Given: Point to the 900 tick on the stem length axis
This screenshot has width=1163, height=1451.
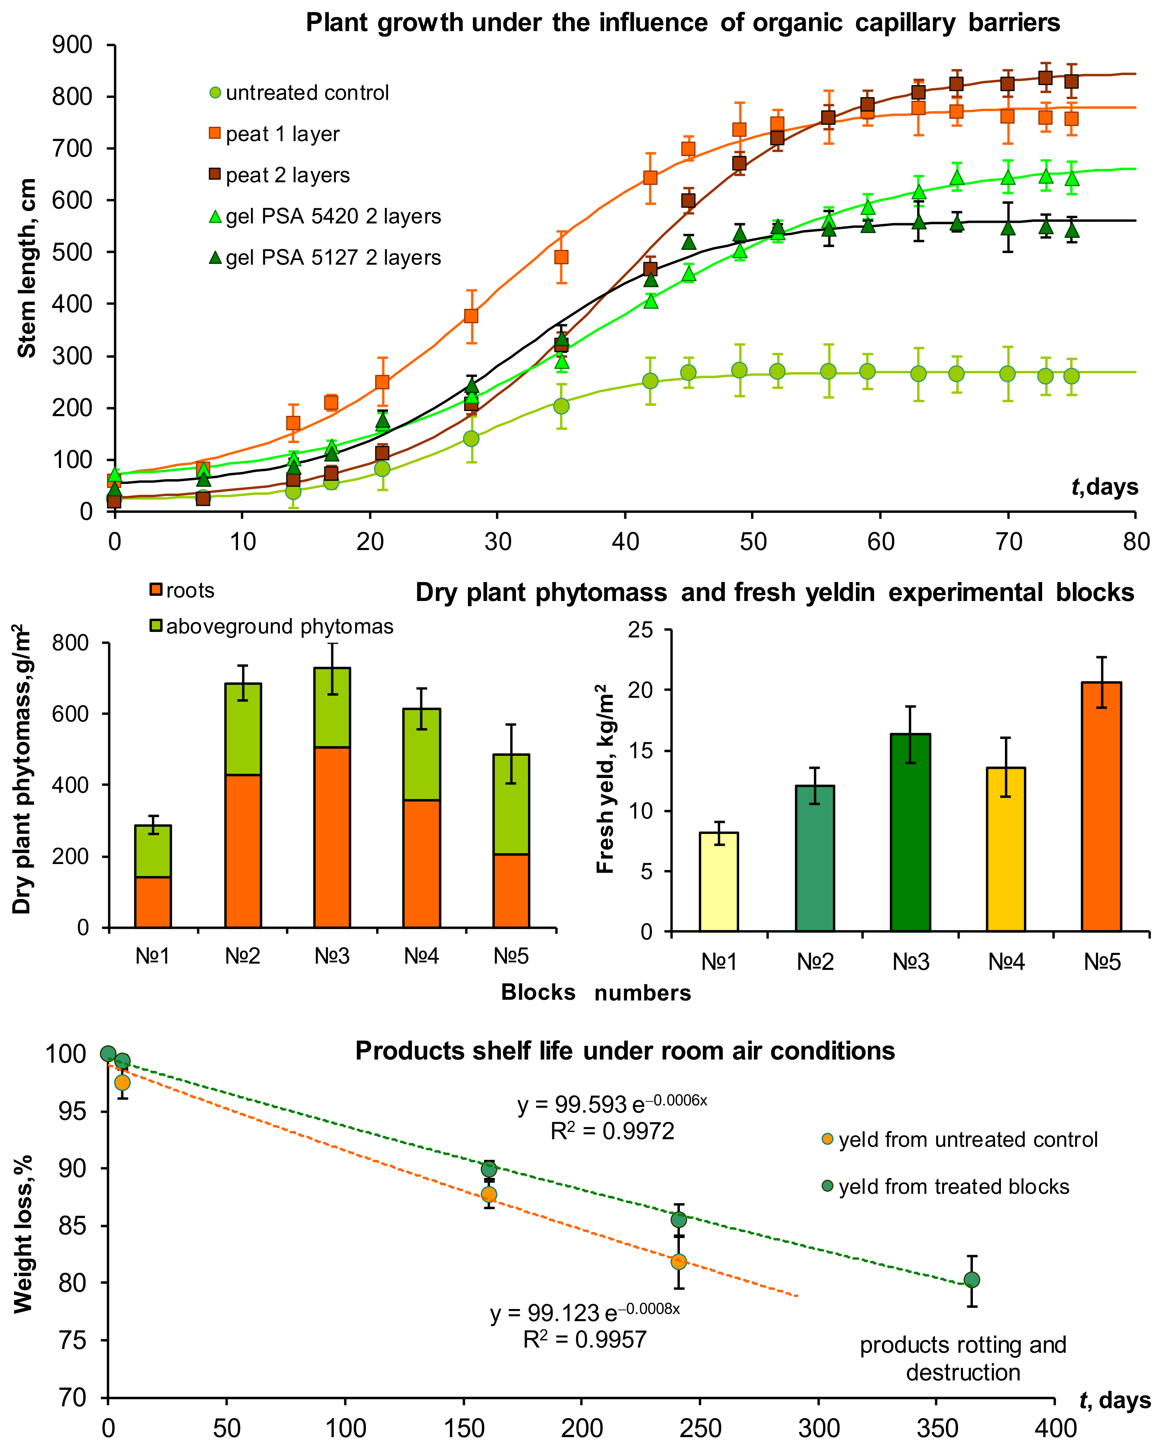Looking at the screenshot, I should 72,45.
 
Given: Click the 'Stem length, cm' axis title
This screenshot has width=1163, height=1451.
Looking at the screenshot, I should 27,268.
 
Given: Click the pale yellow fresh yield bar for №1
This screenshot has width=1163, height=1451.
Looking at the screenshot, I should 719,882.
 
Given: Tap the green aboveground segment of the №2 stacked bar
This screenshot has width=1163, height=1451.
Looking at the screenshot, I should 243,729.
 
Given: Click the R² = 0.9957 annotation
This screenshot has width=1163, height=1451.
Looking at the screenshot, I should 585,1339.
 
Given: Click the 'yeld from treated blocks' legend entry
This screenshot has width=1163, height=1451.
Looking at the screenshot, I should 953,1186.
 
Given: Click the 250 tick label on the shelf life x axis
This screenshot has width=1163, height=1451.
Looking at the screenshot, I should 700,1428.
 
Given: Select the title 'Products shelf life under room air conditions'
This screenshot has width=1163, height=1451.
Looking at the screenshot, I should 625,1050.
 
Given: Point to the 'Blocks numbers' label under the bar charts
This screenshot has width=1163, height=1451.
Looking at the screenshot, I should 595,992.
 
